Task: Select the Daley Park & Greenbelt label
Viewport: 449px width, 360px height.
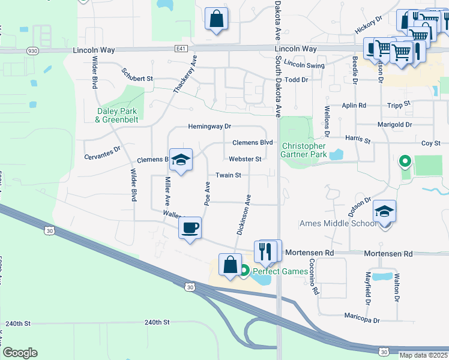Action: tap(116, 115)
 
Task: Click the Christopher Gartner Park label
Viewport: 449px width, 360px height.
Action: tap(304, 150)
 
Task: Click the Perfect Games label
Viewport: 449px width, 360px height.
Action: tap(280, 271)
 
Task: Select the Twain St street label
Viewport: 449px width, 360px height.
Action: tap(228, 175)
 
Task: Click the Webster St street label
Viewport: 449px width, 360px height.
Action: tap(245, 159)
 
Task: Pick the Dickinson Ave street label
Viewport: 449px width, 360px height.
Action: tap(244, 214)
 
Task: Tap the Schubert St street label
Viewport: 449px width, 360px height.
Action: tap(137, 75)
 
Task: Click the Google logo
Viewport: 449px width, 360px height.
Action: tap(20, 353)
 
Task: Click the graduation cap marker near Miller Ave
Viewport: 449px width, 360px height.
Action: tap(181, 160)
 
